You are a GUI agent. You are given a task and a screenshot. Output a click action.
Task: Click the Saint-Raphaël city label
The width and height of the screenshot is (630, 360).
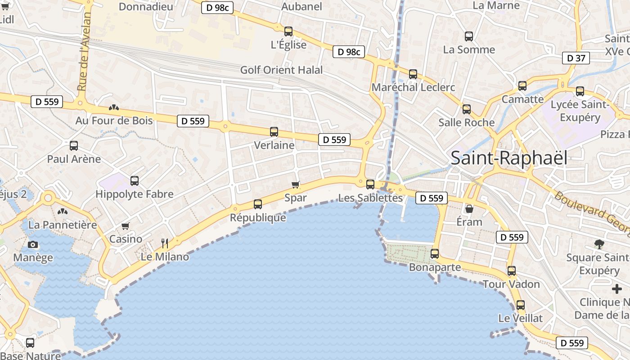click(509, 157)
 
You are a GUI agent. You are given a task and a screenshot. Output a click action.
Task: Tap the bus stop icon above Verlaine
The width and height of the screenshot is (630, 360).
click(274, 132)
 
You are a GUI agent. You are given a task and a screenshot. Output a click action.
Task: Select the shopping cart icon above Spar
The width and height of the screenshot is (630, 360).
click(296, 184)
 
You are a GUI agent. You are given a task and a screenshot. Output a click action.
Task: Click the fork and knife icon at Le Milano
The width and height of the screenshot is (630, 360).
click(165, 243)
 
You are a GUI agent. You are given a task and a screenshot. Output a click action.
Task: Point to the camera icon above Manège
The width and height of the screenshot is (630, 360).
click(33, 245)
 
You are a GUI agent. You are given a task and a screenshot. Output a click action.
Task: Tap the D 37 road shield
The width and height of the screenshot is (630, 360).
click(576, 58)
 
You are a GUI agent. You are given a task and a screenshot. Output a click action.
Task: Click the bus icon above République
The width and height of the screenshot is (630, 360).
click(258, 204)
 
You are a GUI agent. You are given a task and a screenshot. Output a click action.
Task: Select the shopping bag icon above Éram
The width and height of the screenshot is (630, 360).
click(469, 209)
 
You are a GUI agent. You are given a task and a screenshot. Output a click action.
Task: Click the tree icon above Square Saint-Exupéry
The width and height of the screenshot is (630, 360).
click(599, 244)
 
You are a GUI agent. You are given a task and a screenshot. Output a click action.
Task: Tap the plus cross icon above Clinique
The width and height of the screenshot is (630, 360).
click(617, 289)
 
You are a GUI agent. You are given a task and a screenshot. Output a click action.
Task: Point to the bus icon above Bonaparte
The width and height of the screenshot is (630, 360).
click(435, 254)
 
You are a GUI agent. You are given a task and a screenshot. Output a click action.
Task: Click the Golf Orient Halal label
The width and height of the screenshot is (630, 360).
click(282, 70)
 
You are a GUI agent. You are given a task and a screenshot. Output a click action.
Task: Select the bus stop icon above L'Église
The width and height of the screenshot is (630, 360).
click(288, 31)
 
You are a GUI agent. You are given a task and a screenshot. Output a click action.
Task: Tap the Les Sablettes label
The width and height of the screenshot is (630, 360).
click(370, 198)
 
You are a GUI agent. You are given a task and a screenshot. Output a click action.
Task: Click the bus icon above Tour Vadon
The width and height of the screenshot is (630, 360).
click(512, 271)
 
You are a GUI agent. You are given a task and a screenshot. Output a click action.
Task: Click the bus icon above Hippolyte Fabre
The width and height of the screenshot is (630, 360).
click(135, 181)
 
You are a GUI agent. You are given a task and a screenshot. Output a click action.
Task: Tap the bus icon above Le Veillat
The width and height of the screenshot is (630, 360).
click(521, 305)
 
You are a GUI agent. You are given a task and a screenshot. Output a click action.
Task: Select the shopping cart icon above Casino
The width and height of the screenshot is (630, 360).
click(126, 226)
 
